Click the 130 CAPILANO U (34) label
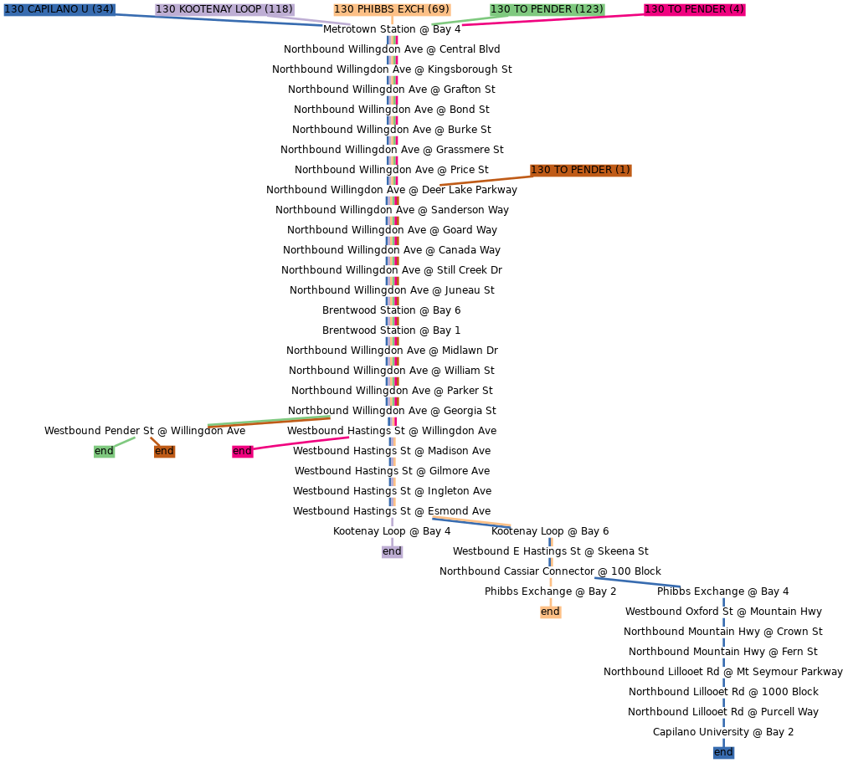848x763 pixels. coord(59,9)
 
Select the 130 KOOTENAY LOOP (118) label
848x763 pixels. coord(224,9)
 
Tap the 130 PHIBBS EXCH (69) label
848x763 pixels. coord(392,9)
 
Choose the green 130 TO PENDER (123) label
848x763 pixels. coord(547,9)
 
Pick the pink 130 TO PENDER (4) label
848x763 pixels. coord(694,9)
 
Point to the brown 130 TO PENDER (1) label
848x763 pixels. coord(580,170)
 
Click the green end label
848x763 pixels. coord(104,451)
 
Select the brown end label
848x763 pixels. coord(164,451)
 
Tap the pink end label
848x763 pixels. coord(242,451)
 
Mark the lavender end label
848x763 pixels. coord(392,551)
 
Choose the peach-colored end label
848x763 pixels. coord(550,612)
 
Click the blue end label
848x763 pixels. coord(723,752)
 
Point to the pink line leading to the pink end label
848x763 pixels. coord(301,443)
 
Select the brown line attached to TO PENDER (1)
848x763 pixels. coord(486,180)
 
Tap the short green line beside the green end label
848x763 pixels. coord(125,441)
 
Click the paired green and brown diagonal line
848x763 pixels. coord(269,421)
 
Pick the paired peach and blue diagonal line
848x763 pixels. coord(471,521)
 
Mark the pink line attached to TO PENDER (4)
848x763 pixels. coord(552,18)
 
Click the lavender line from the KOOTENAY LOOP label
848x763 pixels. coord(322,21)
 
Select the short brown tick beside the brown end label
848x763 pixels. coord(154,440)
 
